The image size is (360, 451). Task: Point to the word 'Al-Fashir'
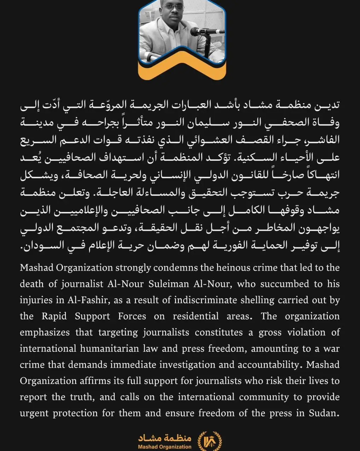tap(85, 300)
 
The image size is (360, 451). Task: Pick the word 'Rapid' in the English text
tap(54, 316)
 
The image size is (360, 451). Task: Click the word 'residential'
tap(196, 316)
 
